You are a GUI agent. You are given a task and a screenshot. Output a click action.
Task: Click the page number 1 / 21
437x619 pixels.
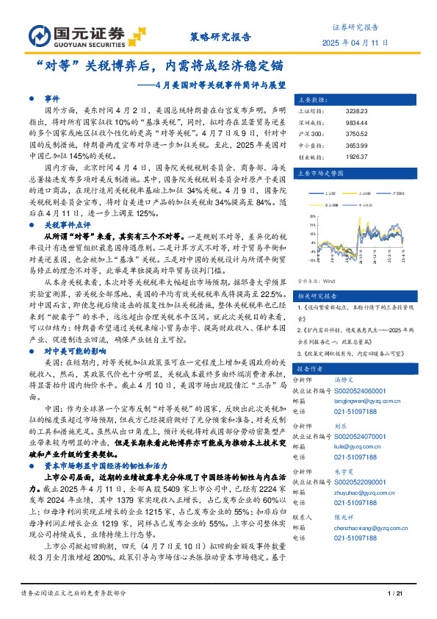396,593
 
